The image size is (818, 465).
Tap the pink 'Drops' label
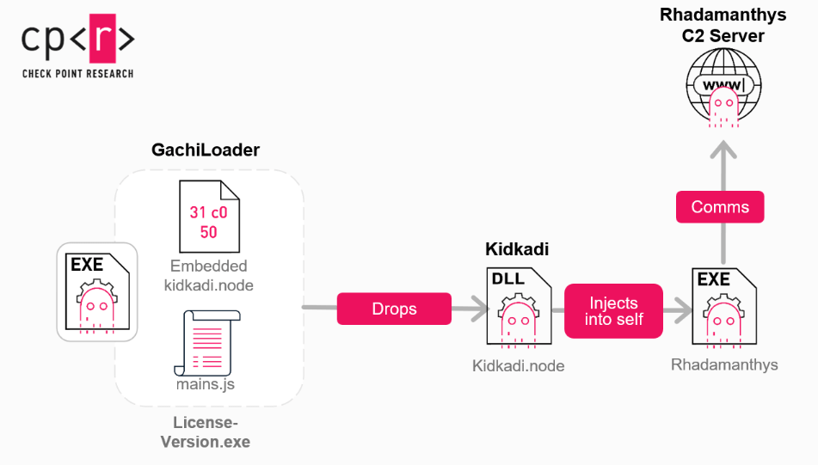pyautogui.click(x=394, y=309)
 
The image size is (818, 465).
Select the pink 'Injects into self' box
pyautogui.click(x=613, y=310)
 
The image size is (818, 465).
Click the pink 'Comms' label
pyautogui.click(x=720, y=207)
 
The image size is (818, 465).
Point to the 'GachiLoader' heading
pyautogui.click(x=206, y=150)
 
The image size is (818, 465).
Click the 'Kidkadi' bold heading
pyautogui.click(x=517, y=249)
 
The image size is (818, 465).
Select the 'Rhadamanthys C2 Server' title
pyautogui.click(x=723, y=25)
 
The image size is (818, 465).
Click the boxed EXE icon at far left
pyautogui.click(x=97, y=292)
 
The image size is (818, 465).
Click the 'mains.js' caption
pyautogui.click(x=206, y=384)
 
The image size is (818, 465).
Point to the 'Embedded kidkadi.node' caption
pyautogui.click(x=208, y=275)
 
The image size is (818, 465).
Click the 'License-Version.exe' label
pyautogui.click(x=205, y=431)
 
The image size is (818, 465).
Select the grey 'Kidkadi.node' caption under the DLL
pyautogui.click(x=518, y=365)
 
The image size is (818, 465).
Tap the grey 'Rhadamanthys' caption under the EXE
pyautogui.click(x=724, y=364)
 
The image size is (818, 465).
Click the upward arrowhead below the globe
pyautogui.click(x=723, y=152)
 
